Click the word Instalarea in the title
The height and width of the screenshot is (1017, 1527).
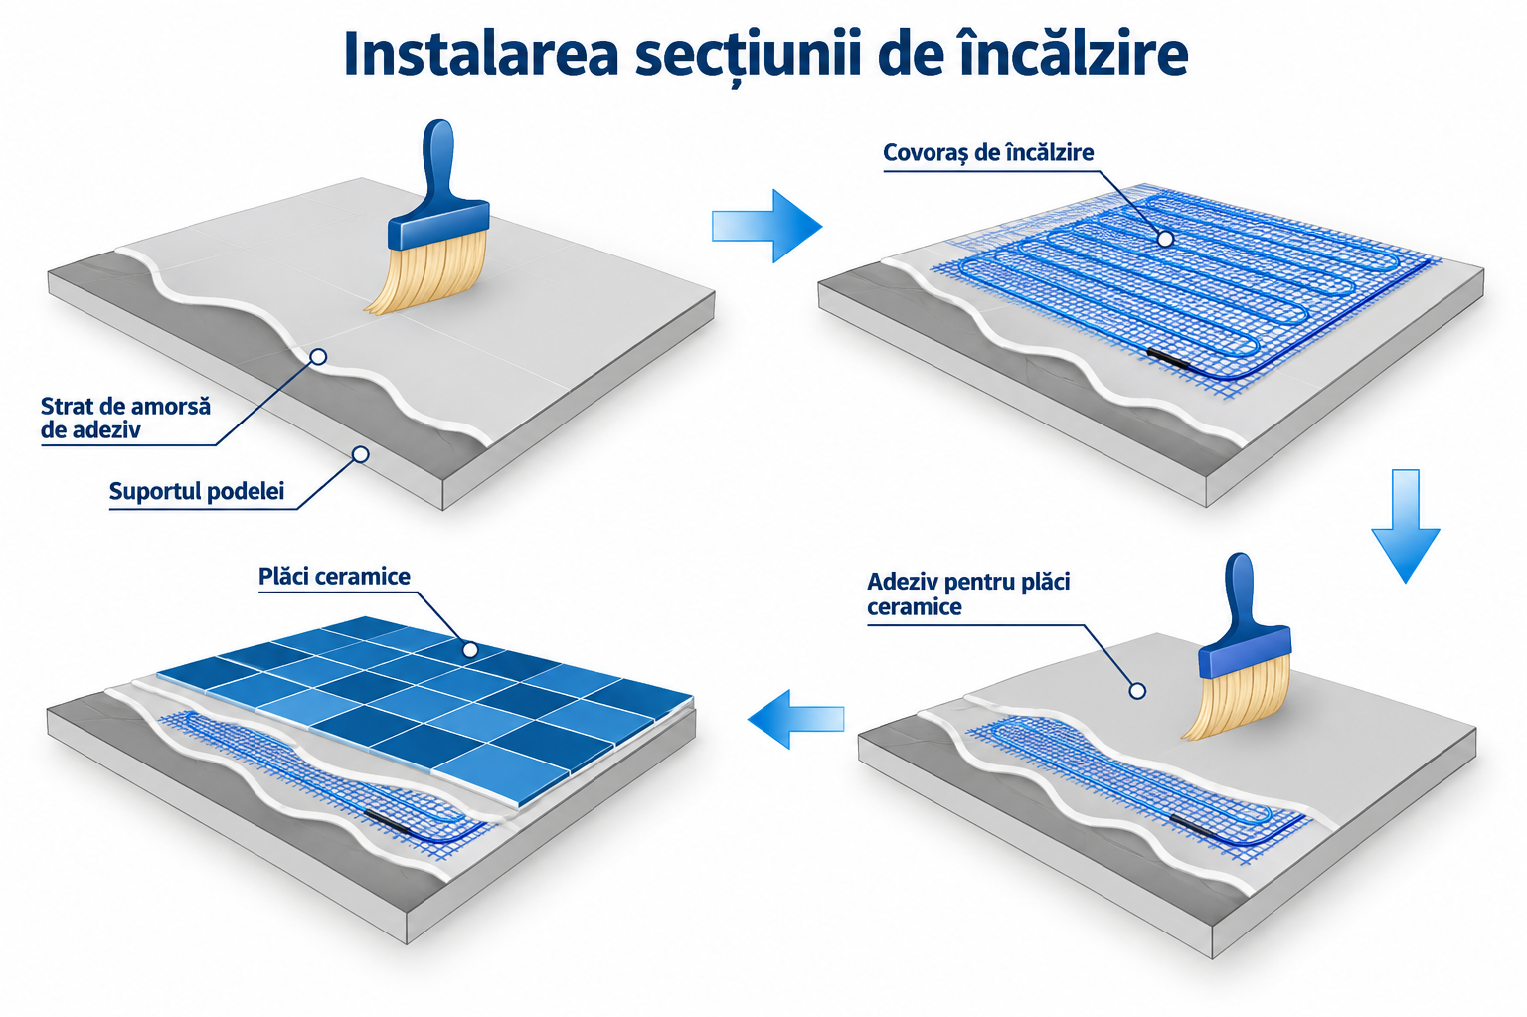click(x=480, y=54)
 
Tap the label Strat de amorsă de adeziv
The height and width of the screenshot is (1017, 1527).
click(x=125, y=418)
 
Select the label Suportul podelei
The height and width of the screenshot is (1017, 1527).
click(x=196, y=491)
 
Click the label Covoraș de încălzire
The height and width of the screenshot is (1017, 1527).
click(x=988, y=153)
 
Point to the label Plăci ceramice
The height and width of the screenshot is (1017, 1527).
click(x=334, y=576)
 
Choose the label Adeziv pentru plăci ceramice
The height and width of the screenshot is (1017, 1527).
click(x=968, y=593)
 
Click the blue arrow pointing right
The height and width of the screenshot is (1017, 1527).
click(x=766, y=226)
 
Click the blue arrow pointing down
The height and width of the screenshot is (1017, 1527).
click(x=1405, y=526)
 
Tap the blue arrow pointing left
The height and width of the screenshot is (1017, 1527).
click(x=795, y=719)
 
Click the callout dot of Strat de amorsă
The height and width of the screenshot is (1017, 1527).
click(x=318, y=356)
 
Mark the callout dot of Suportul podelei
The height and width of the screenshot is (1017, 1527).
click(x=361, y=454)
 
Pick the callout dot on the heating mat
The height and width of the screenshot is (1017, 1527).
click(x=1166, y=239)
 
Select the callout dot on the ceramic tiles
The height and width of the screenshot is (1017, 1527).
click(x=469, y=649)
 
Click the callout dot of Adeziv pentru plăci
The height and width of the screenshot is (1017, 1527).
click(x=1137, y=691)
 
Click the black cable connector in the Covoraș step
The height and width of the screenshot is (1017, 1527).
click(x=1167, y=359)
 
